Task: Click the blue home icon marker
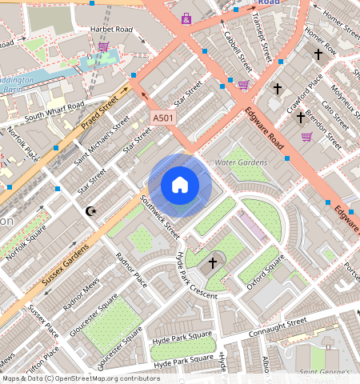tap(180, 186)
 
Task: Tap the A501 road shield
tap(163, 118)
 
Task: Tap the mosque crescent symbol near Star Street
tap(90, 211)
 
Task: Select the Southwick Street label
tap(160, 218)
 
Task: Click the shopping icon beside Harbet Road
tap(103, 46)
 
